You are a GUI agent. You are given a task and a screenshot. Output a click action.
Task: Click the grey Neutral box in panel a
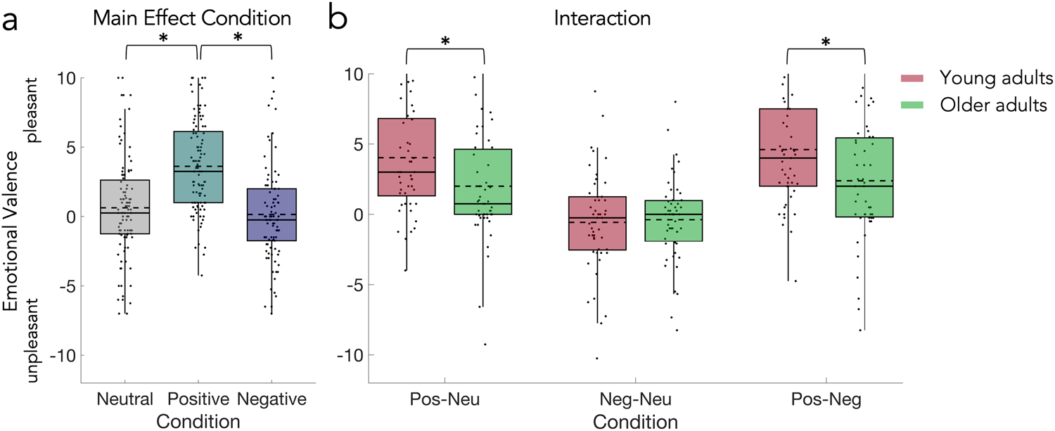pyautogui.click(x=124, y=207)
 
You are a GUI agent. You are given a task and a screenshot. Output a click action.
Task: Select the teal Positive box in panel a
pyautogui.click(x=198, y=167)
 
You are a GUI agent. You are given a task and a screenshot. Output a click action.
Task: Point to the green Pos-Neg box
pyautogui.click(x=864, y=177)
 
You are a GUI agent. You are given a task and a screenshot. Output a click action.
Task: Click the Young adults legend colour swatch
pyautogui.click(x=916, y=78)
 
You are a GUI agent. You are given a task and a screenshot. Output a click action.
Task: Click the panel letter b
pyautogui.click(x=338, y=20)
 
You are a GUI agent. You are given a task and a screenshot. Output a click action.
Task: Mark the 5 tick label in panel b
pyautogui.click(x=357, y=144)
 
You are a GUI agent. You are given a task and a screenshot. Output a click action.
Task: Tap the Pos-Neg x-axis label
pyautogui.click(x=826, y=400)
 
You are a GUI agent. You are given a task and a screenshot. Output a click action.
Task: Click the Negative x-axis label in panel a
pyautogui.click(x=272, y=400)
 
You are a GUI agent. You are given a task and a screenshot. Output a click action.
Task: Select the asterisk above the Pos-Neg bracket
pyautogui.click(x=826, y=42)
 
